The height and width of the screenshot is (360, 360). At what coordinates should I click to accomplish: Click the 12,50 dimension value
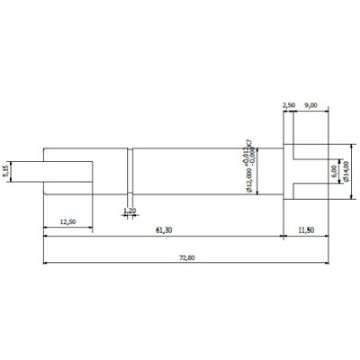tap(69, 221)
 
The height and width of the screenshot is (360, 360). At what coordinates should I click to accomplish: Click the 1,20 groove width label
tap(129, 210)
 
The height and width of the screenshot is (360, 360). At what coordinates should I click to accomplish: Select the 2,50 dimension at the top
tap(289, 104)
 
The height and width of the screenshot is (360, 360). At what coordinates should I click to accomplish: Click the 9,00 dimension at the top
tap(311, 104)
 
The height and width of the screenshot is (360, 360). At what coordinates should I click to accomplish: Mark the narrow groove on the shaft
tap(130, 171)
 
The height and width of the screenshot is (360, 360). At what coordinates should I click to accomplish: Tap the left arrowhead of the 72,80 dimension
tap(45, 264)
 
